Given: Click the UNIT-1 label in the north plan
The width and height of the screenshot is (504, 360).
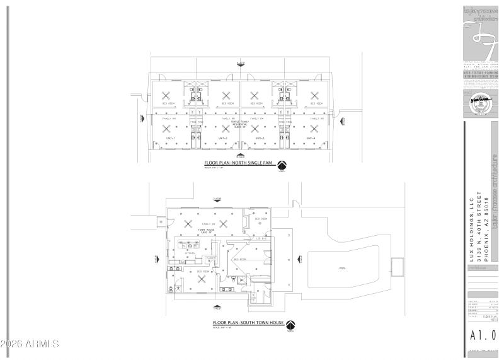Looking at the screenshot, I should pyautogui.click(x=170, y=138).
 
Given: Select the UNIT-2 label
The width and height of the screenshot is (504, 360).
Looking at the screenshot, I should pyautogui.click(x=222, y=138).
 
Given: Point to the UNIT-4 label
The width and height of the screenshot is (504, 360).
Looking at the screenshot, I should pyautogui.click(x=311, y=138).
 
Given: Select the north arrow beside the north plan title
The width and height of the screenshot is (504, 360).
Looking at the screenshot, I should pyautogui.click(x=282, y=165).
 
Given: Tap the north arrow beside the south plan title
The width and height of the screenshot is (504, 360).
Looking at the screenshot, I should pyautogui.click(x=290, y=325).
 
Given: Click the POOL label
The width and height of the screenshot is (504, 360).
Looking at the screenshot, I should pyautogui.click(x=343, y=267).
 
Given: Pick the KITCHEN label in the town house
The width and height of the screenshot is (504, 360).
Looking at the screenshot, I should pyautogui.click(x=190, y=253).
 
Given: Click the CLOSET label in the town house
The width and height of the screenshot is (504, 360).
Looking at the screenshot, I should pyautogui.click(x=210, y=258).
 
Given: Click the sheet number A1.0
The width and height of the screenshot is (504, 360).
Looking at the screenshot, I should pyautogui.click(x=483, y=334).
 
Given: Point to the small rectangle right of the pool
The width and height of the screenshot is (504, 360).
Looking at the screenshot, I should pyautogui.click(x=397, y=266).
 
